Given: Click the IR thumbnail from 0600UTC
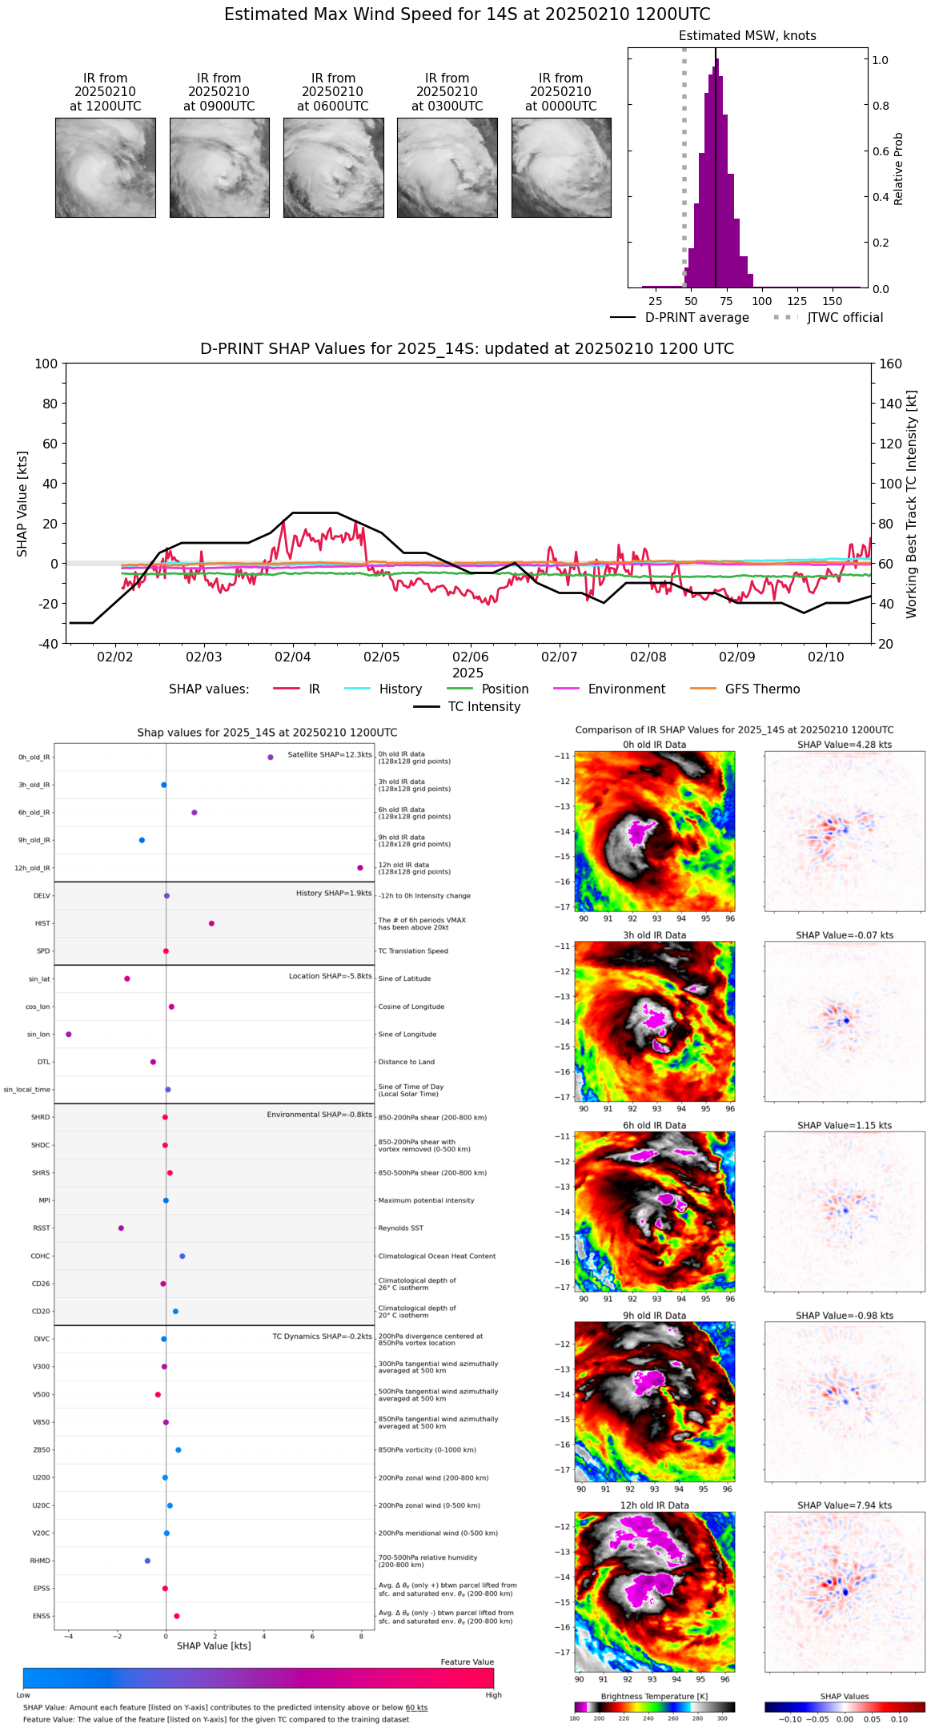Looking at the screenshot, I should tap(333, 167).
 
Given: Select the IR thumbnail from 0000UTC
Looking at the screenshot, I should tap(561, 167).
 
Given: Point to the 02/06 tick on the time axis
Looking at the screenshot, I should tap(470, 657).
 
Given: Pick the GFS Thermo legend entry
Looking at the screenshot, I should tap(762, 689).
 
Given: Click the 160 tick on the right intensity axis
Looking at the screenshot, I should tap(890, 364).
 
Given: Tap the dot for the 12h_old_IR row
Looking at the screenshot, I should tap(360, 868).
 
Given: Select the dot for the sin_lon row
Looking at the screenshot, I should tap(69, 1035).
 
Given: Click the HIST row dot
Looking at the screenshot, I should tap(211, 923).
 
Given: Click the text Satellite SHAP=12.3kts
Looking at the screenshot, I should tap(330, 755).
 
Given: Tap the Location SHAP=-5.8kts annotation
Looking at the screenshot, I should tap(330, 976).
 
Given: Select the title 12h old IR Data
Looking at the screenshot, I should tap(654, 1505).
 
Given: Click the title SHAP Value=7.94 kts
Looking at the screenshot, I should tap(845, 1505).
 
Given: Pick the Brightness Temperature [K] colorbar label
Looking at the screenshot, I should tap(654, 1697).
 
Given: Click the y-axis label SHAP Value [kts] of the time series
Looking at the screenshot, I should tap(22, 504).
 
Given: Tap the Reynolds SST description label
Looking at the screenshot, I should tap(400, 1228).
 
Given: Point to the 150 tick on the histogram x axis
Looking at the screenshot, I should tap(833, 301).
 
